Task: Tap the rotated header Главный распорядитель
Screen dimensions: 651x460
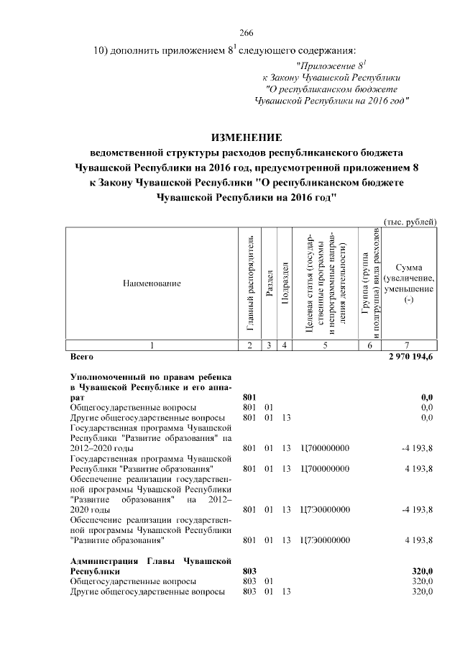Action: [249, 283]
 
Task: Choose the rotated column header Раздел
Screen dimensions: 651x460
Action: [268, 283]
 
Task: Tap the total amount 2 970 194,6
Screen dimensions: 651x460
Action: [410, 357]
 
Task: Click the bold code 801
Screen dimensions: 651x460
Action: [249, 396]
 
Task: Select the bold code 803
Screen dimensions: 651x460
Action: [249, 570]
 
